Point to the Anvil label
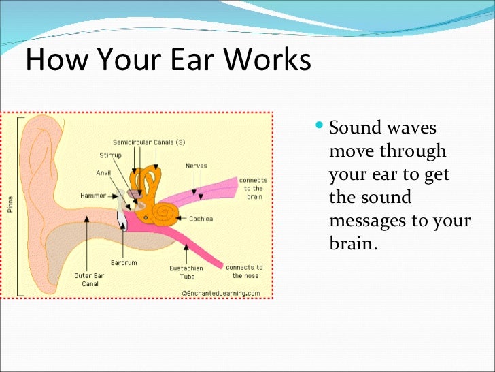click(x=103, y=172)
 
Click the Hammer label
click(x=93, y=195)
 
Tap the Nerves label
click(x=197, y=166)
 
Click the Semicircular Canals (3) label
click(x=149, y=142)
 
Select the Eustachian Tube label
click(x=182, y=273)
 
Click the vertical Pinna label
click(x=11, y=204)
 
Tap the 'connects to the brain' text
click(x=253, y=187)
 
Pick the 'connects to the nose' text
click(x=244, y=272)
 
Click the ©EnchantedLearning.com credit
click(x=220, y=293)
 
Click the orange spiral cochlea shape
click(x=164, y=213)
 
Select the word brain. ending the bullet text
click(x=352, y=243)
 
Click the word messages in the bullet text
click(x=372, y=221)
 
